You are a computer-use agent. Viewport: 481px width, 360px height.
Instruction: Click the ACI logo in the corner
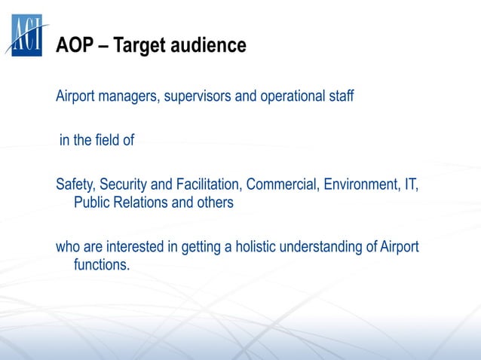28,35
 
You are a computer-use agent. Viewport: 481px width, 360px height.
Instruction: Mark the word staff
340,99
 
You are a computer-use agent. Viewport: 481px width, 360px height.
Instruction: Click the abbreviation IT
410,185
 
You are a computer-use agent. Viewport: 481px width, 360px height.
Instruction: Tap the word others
213,203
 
